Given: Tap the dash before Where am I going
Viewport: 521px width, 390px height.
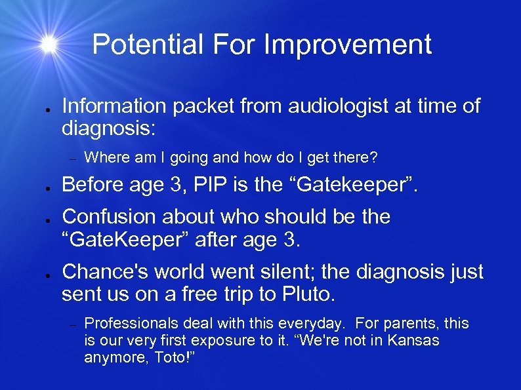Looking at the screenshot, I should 74,159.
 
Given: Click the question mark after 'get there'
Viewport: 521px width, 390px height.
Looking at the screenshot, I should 374,158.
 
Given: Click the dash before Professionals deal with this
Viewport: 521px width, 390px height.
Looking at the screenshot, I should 74,324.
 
